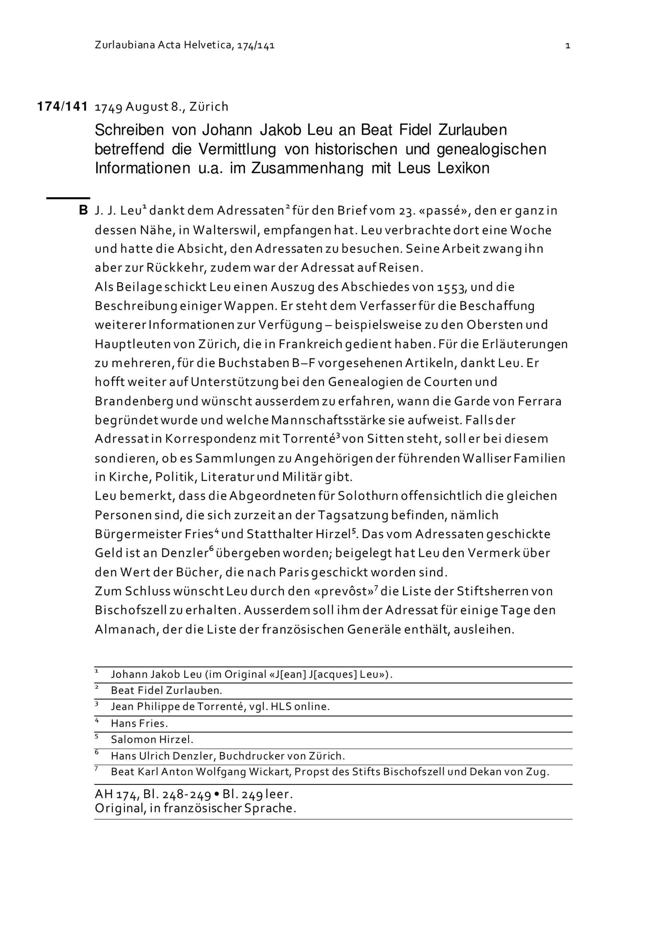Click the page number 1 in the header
point(567,46)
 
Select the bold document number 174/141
point(62,106)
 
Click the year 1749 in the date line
point(109,107)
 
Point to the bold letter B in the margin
point(83,211)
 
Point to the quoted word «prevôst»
point(341,591)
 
